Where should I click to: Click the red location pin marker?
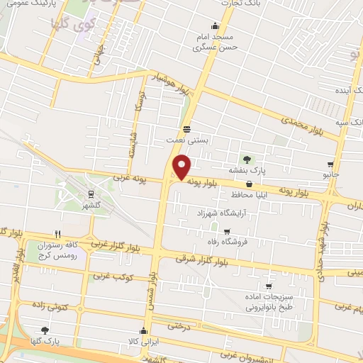pos(183,167)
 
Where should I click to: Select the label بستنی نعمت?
pos(186,140)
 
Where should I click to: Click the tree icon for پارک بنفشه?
pos(247,159)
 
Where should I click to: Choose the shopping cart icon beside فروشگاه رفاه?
pos(226,231)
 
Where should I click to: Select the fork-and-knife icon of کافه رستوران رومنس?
pos(58,233)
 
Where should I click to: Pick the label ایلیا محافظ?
pos(248,194)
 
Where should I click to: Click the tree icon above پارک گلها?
pos(45,330)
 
